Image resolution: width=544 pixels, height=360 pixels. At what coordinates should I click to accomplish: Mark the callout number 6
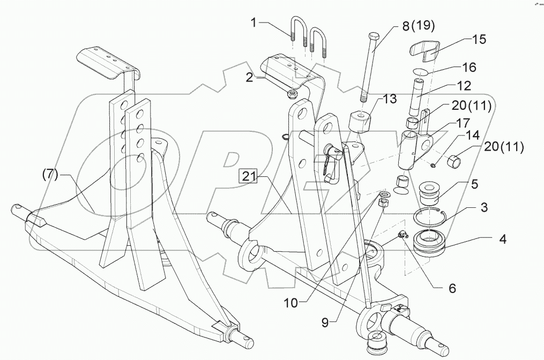point(452,288)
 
